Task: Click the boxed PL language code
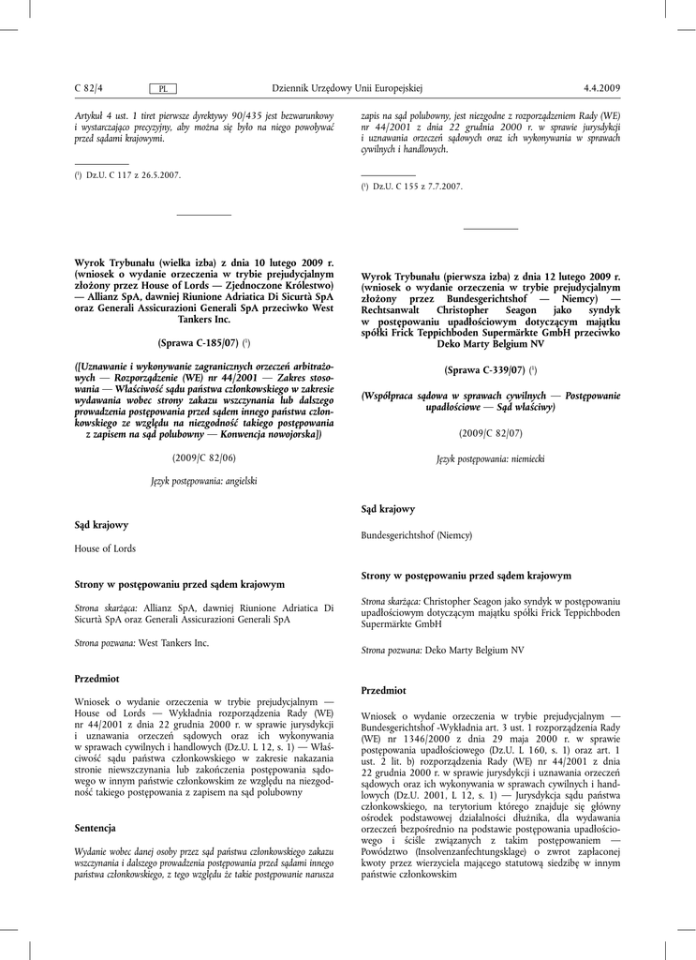click(x=163, y=89)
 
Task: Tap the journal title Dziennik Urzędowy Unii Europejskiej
click(x=348, y=88)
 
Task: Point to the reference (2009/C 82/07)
click(x=491, y=434)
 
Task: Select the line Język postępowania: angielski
click(x=204, y=480)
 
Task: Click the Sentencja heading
click(x=95, y=828)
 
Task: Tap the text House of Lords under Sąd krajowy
click(x=105, y=548)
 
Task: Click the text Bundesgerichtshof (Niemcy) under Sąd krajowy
click(x=417, y=534)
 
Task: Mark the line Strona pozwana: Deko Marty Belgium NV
click(x=442, y=650)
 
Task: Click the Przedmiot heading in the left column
click(x=96, y=677)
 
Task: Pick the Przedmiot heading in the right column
click(x=383, y=689)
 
